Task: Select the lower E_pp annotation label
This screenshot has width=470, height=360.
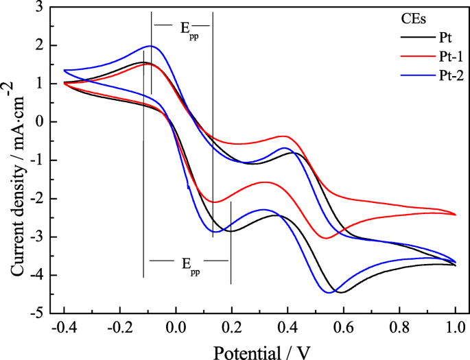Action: (189, 264)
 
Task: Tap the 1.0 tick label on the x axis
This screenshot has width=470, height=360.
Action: (455, 328)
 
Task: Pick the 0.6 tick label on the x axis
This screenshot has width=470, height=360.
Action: (343, 328)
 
